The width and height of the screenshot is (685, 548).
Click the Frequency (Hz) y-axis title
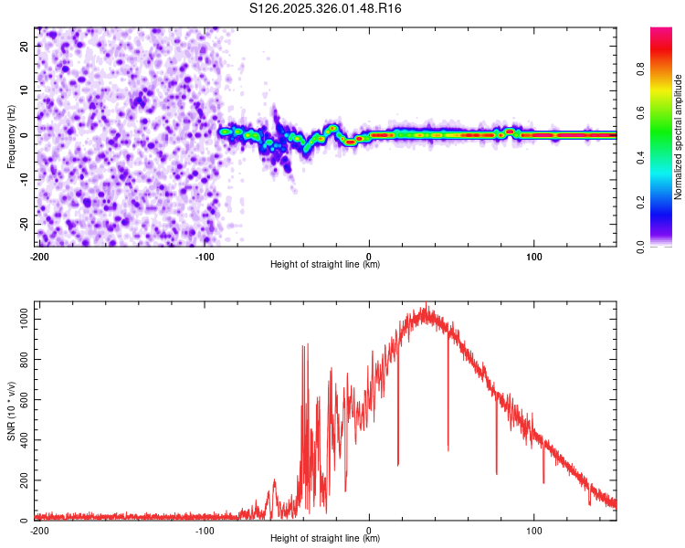pyautogui.click(x=12, y=137)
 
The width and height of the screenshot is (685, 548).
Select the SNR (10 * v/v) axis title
pyautogui.click(x=12, y=411)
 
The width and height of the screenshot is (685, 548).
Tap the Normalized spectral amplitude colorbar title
pyautogui.click(x=679, y=137)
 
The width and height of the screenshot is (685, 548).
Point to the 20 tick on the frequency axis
pyautogui.click(x=26, y=46)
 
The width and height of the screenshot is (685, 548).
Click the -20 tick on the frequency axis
pyautogui.click(x=24, y=224)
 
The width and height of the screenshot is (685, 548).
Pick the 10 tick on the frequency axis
pyautogui.click(x=26, y=90)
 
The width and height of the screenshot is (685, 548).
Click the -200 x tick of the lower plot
pyautogui.click(x=39, y=530)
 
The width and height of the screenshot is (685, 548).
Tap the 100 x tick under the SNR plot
pyautogui.click(x=534, y=530)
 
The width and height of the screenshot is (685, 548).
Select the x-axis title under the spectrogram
pyautogui.click(x=325, y=265)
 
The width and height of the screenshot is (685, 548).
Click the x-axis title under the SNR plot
pyautogui.click(x=325, y=539)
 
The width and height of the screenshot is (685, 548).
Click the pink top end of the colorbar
pyautogui.click(x=661, y=32)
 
